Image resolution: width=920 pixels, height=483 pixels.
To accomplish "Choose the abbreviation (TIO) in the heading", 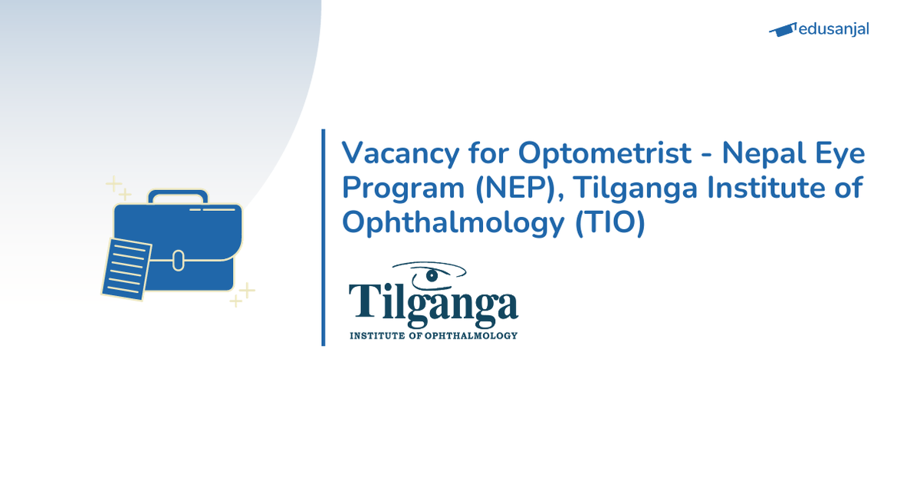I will pos(609,222).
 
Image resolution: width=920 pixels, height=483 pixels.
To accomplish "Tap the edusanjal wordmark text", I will pos(833,29).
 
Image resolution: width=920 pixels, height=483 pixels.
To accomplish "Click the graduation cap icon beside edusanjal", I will pos(782,30).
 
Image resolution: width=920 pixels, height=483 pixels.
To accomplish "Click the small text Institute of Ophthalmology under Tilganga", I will pos(433,335).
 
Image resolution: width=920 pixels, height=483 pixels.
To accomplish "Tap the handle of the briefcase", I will pos(178,196).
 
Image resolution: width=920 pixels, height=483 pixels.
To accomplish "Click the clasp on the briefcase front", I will pos(178,261).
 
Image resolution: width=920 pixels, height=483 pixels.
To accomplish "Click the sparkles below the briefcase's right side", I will pos(242,294).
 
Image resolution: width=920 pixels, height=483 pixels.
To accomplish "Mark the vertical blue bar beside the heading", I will pos(324,238).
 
